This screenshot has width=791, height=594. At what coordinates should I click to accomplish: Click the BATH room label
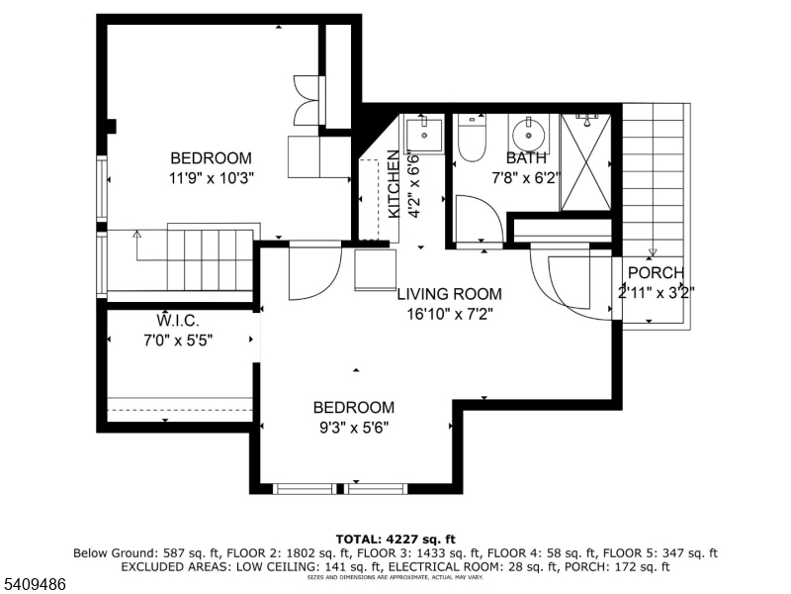coord(525,158)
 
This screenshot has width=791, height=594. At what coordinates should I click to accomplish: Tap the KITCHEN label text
coord(394,184)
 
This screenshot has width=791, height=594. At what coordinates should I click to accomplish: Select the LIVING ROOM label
coord(449,294)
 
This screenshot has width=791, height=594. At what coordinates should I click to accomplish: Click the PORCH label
coord(656,274)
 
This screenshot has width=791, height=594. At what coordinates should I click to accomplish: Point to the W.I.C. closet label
coord(178,322)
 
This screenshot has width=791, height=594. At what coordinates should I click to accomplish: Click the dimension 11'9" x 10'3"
coord(211,178)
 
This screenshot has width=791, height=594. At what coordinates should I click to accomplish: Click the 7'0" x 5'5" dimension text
coord(178,340)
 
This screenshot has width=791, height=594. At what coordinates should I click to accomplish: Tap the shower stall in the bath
coord(585,162)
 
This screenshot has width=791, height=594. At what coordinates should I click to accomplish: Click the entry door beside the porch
coord(576,287)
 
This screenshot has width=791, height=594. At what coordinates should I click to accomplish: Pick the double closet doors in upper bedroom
coord(307,100)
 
